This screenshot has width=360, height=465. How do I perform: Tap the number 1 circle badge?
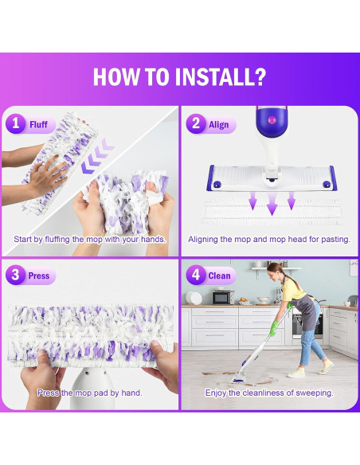[15, 123]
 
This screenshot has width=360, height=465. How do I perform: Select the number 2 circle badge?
[196, 123]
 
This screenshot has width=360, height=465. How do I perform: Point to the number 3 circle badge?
[15, 275]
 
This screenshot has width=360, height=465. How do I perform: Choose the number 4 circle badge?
[196, 275]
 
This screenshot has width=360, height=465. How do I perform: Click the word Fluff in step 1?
[38, 124]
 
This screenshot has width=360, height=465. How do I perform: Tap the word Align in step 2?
[218, 124]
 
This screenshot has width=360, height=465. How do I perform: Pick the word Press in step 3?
[39, 275]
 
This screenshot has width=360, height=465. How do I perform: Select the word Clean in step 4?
[219, 275]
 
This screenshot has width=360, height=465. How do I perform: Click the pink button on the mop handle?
[272, 119]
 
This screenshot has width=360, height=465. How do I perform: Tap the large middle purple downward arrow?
[272, 204]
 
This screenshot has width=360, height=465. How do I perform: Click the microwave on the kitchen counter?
[223, 297]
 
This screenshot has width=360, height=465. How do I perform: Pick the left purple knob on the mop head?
[217, 184]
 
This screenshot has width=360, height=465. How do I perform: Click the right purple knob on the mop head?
[327, 184]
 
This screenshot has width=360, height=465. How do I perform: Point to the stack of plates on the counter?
[194, 298]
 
